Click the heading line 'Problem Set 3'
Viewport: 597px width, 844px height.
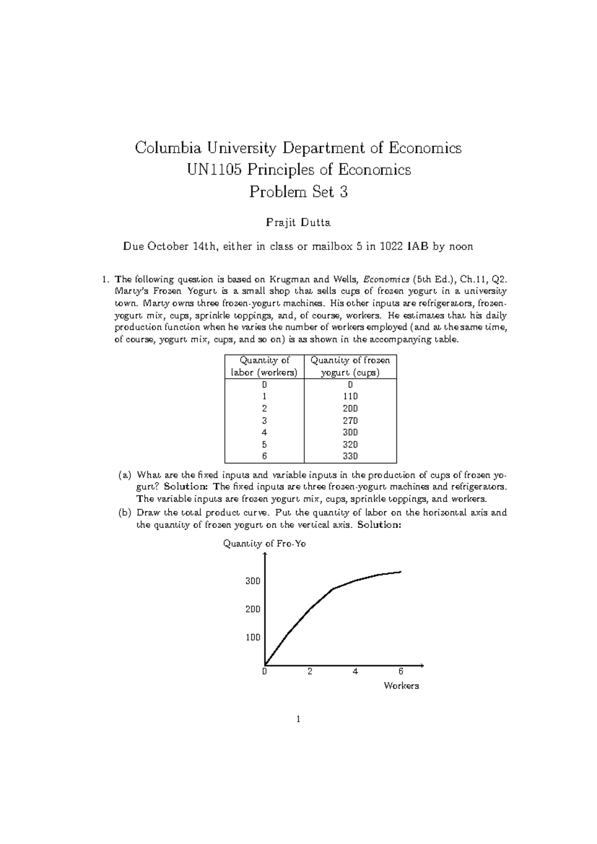[298, 192]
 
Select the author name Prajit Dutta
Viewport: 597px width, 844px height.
[298, 223]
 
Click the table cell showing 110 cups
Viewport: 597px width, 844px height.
[350, 397]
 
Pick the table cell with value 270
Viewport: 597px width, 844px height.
[350, 421]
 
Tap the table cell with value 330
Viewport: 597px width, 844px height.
[350, 456]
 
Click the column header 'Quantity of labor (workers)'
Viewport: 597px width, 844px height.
[264, 366]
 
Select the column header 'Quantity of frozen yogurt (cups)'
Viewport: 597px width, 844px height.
[350, 366]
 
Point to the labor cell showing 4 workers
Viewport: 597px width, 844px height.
[264, 432]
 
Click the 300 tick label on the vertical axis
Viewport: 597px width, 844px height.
[253, 581]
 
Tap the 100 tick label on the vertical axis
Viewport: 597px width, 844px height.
[253, 637]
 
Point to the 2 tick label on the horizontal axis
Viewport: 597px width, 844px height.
[310, 672]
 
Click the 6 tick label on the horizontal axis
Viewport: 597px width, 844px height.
[401, 672]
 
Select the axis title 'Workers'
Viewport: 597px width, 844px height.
[401, 686]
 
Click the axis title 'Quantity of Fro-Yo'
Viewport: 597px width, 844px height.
[264, 544]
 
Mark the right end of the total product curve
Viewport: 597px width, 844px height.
[400, 572]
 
